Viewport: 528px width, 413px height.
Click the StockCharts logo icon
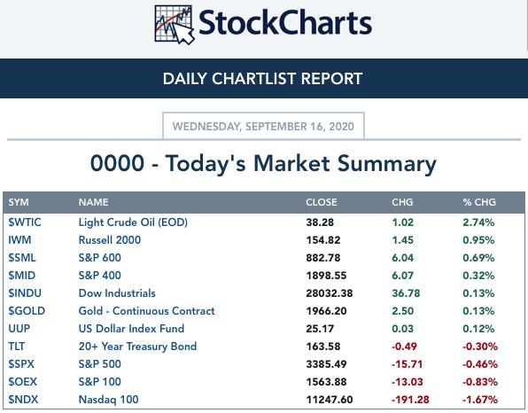point(175,25)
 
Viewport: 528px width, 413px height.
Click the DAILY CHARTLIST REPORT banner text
point(262,79)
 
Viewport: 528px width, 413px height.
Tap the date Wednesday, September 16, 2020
point(263,127)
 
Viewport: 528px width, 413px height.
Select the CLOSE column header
point(322,202)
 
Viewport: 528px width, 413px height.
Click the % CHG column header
point(479,202)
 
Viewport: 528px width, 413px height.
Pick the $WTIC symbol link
point(25,222)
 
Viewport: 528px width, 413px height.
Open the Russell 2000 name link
point(110,240)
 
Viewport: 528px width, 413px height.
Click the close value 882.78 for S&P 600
point(323,258)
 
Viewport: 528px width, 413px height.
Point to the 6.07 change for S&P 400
point(402,276)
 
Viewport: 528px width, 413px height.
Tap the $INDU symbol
point(25,293)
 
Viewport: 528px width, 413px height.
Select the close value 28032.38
point(330,293)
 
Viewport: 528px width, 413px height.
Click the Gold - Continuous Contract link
point(146,311)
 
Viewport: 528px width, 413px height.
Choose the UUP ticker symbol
point(19,329)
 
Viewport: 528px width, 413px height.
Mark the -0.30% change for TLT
point(480,347)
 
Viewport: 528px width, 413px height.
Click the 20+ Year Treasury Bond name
point(137,347)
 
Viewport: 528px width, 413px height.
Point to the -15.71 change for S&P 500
point(408,364)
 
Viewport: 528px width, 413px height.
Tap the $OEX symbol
point(22,382)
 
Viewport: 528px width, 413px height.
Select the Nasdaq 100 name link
point(108,400)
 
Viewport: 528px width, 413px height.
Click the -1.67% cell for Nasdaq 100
point(480,400)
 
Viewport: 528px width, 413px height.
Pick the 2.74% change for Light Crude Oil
point(478,222)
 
